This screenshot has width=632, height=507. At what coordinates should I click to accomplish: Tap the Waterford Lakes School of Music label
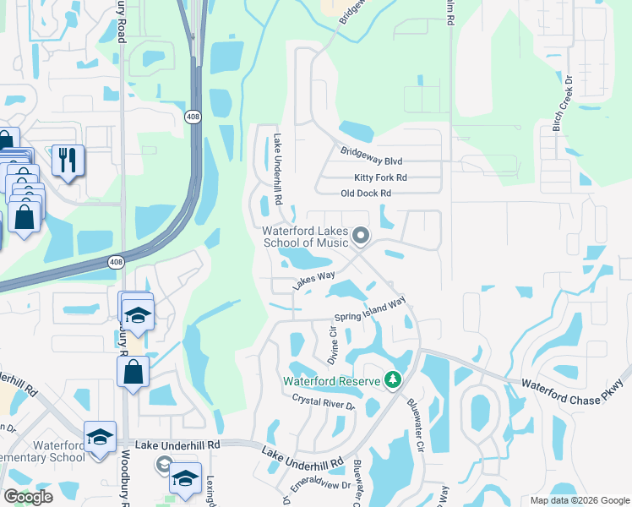pos(305,237)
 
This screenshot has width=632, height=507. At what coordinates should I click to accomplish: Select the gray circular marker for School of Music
pos(361,236)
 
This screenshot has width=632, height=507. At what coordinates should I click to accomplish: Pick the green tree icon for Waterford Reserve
pos(392,381)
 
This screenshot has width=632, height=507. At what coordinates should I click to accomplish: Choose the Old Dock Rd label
pos(366,194)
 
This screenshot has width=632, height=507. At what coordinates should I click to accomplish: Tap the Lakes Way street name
pos(314,281)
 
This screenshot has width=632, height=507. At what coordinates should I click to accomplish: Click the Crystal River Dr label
pos(324,401)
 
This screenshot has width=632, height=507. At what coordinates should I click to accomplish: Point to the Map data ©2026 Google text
pos(579,500)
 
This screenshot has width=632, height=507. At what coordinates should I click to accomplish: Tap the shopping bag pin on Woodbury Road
pos(133,371)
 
